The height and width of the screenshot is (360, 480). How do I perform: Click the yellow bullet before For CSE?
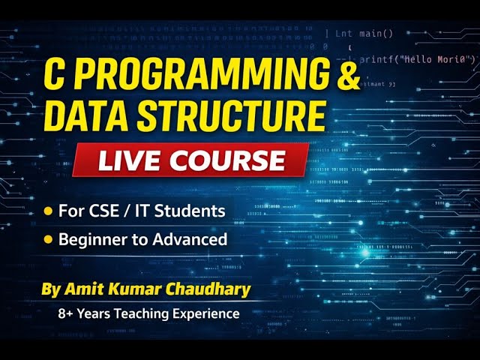coord(49,211)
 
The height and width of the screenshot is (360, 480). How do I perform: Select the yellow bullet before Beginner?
coord(49,240)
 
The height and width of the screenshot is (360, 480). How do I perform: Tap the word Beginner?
coord(91,240)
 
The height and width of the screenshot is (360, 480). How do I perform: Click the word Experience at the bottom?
coord(207,313)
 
